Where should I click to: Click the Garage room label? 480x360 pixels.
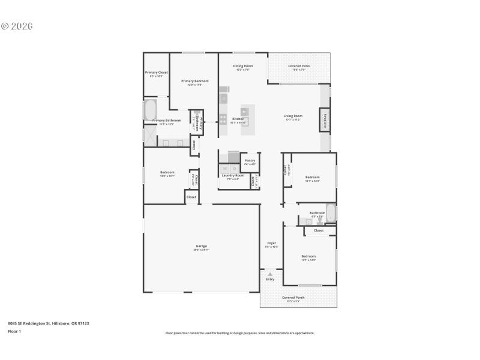point(202,246)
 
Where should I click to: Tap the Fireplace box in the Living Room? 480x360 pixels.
point(325,121)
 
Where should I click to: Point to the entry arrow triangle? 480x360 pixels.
point(270,274)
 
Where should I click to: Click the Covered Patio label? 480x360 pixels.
point(298,66)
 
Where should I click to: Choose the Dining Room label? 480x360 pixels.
point(243,66)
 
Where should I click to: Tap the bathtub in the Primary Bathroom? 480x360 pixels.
point(150,110)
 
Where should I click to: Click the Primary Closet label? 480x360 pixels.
point(156,73)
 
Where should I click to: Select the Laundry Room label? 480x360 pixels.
point(230,175)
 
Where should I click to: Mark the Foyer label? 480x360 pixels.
point(271,243)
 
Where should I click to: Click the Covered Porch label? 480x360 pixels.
point(293,298)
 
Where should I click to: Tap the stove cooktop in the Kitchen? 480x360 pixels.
point(223,118)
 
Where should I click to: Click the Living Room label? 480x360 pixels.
point(293,116)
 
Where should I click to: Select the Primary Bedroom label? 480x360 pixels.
point(194,81)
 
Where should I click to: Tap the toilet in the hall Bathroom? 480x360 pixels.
point(320,220)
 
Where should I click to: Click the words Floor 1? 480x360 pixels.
point(14,331)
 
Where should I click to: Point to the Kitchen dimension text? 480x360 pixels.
point(238,123)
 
